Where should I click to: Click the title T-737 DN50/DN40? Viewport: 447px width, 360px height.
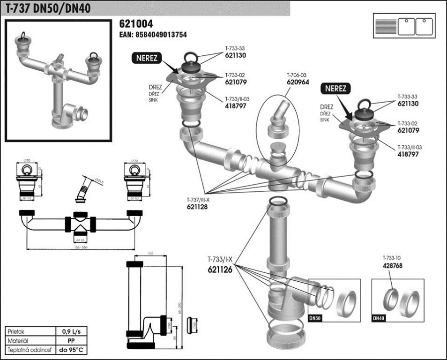48,8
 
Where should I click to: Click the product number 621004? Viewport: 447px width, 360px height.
136,24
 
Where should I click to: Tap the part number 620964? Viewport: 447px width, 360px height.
297,81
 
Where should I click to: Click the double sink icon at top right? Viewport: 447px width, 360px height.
403,25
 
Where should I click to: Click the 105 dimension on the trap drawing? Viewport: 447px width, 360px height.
151,253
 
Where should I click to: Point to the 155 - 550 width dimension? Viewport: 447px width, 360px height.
78,246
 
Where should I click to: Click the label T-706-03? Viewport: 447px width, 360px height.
297,75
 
